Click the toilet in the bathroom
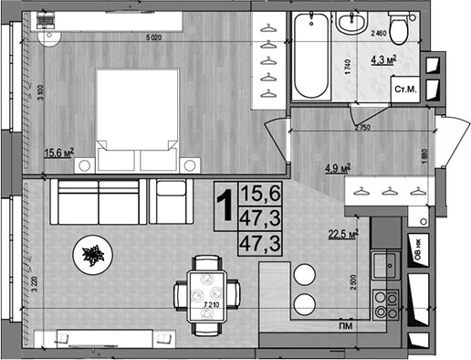398,27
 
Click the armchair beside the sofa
167,200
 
